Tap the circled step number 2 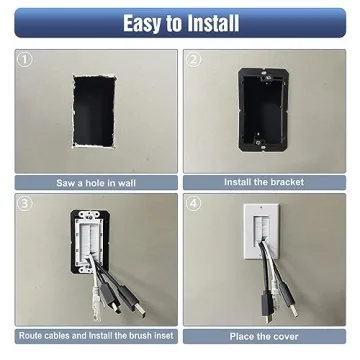coord(193,59)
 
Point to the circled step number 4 coord(193,204)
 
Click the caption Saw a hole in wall coord(96,183)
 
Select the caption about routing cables coord(96,337)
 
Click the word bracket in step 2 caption coord(283,183)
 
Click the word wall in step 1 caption coord(132,183)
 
